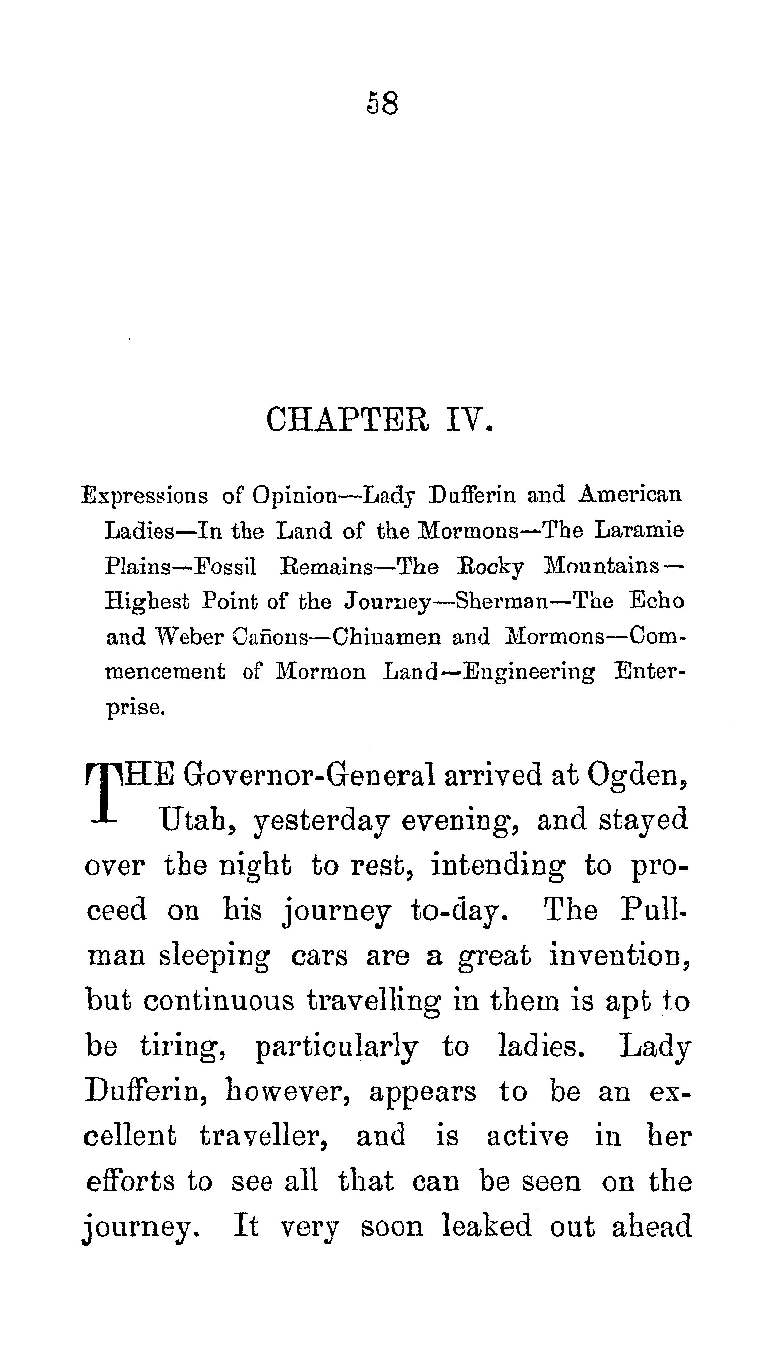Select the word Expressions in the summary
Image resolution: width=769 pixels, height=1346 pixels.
point(144,496)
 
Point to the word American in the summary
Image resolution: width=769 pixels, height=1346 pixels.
point(630,495)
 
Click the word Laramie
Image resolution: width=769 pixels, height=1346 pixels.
point(639,530)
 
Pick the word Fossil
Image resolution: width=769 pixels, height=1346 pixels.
point(225,567)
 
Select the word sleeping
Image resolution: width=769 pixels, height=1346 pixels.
point(215,956)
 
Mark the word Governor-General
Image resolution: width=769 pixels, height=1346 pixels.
point(309,775)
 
